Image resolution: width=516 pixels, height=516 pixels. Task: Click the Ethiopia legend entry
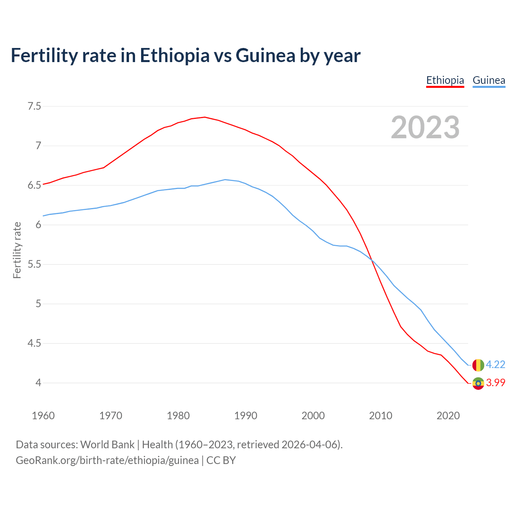[445, 80]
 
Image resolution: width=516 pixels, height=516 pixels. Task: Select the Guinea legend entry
[489, 80]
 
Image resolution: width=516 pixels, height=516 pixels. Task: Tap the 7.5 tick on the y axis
[34, 106]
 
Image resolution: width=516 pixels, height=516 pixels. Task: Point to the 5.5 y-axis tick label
[34, 264]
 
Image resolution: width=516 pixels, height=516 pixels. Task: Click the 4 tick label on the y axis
[38, 383]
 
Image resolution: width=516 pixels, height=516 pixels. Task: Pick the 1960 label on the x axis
[43, 416]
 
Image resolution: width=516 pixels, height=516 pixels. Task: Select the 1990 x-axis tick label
[246, 416]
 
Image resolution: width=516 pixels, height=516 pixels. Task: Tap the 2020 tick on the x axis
[448, 416]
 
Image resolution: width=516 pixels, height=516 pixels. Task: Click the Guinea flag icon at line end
[478, 365]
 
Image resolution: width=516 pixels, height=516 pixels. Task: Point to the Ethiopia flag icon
[478, 383]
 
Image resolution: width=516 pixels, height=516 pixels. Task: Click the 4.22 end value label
[495, 364]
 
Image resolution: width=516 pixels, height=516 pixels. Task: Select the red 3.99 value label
[495, 383]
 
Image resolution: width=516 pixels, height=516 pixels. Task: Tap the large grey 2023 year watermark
[425, 127]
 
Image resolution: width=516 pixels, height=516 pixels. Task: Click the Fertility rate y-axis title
[17, 250]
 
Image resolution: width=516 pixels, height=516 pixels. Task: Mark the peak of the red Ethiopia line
[205, 117]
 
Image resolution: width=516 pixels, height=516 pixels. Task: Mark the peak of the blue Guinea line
[225, 179]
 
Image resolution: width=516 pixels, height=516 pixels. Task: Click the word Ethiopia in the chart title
[175, 55]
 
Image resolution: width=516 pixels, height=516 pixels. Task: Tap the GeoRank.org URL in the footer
[107, 460]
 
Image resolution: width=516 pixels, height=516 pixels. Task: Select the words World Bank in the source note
[107, 445]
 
